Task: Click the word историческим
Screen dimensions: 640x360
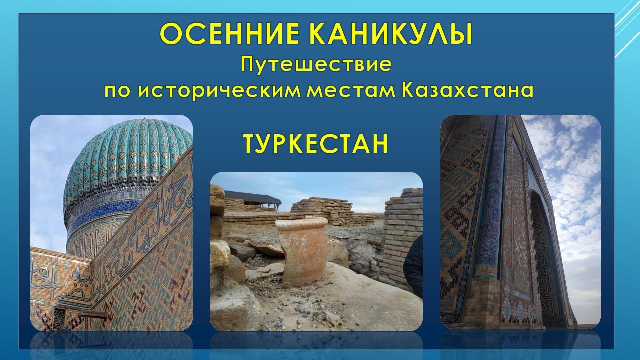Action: pos(219,91)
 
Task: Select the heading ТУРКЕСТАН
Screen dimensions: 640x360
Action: pos(315,144)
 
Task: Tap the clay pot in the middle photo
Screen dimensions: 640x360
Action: pos(303,251)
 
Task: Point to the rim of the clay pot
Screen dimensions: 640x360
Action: pos(302,223)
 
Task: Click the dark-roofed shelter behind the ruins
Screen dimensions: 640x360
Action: pos(253,199)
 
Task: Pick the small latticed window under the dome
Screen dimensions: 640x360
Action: pos(59,319)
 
